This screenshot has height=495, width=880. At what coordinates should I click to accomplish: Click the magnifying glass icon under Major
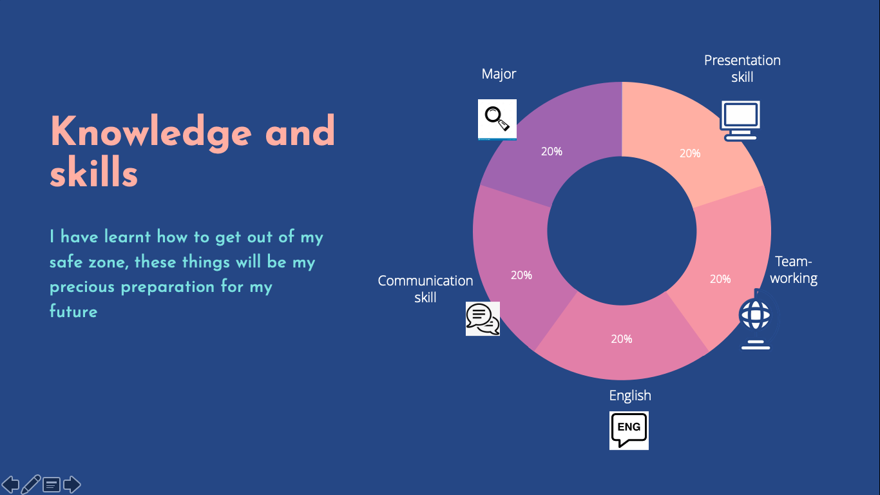[x=497, y=119]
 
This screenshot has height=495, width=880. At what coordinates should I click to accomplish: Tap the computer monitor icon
[x=740, y=121]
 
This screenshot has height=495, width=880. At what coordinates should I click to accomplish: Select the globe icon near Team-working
[x=756, y=320]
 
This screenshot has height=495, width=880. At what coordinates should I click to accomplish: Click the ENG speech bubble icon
[x=629, y=431]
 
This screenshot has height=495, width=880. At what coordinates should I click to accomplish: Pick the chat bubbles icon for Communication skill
[x=483, y=318]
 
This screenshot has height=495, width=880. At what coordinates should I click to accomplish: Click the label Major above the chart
[x=499, y=74]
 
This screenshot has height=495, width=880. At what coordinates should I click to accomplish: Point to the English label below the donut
[x=630, y=396]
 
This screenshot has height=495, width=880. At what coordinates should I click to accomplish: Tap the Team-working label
[x=794, y=269]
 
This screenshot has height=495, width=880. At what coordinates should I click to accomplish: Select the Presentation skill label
[x=742, y=68]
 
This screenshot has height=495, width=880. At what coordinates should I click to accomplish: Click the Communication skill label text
[x=425, y=289]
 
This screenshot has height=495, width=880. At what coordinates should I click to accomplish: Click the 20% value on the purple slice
[x=551, y=151]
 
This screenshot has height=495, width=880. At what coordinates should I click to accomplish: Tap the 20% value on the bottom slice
[x=622, y=339]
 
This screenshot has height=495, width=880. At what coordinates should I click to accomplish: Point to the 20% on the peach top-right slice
[x=690, y=153]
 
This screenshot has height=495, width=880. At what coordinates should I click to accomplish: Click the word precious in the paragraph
[x=82, y=287]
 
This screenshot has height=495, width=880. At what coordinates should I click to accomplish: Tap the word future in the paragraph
[x=73, y=311]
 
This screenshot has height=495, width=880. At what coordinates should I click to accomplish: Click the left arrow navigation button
[x=10, y=485]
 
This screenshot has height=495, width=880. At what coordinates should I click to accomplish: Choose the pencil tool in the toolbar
[x=31, y=485]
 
